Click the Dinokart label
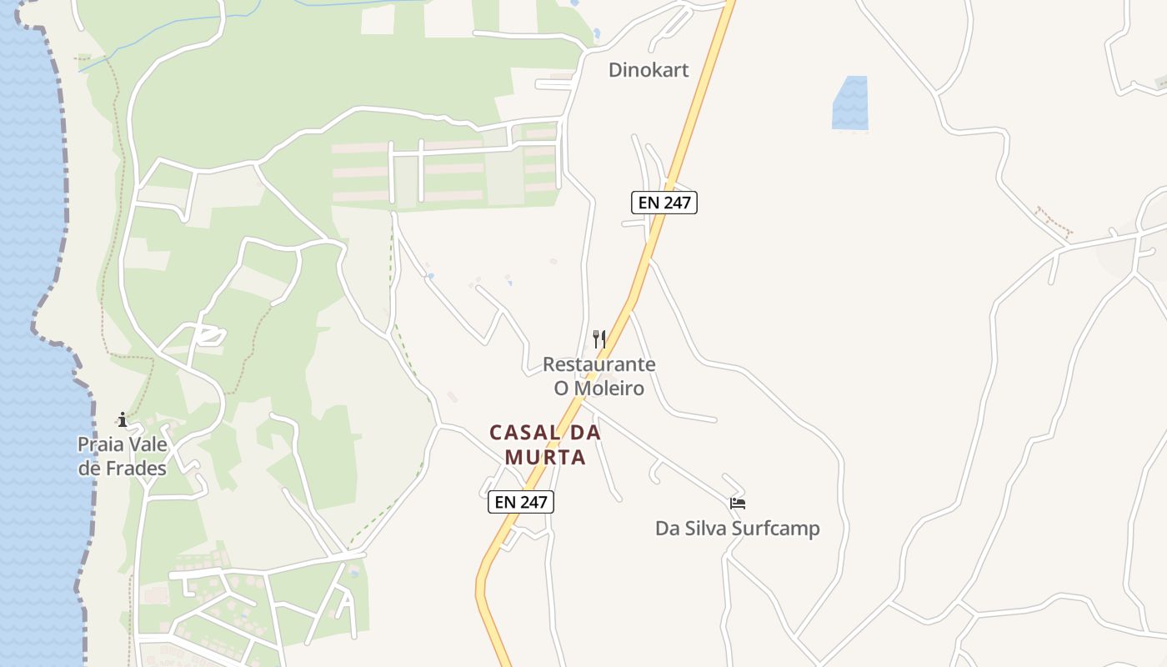point(649,70)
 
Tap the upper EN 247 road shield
point(664,203)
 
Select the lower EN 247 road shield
point(520,502)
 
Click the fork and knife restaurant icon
point(599,339)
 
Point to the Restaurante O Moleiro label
point(599,376)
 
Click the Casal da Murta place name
point(545,444)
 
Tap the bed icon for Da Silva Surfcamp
point(737,504)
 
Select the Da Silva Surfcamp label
point(737,529)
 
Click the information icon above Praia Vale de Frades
point(123,419)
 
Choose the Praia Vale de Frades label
point(123,456)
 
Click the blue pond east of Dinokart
point(850,103)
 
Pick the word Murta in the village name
point(545,458)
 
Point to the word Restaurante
point(599,364)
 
